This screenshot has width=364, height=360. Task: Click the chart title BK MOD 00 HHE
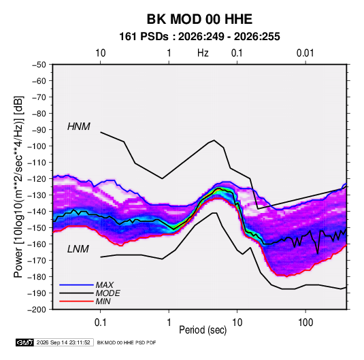199,19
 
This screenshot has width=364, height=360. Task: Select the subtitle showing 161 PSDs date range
199,37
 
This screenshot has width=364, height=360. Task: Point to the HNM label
79,127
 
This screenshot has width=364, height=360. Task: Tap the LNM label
78,249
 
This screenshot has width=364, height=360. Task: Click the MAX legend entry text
105,284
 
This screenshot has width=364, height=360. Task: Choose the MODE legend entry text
107,293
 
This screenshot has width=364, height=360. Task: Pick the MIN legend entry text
103,301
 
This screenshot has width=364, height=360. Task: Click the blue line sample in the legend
76,284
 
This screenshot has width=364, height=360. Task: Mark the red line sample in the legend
76,301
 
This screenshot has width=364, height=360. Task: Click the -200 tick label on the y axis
37,310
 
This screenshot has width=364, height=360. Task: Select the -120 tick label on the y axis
37,179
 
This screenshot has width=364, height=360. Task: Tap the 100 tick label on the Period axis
305,323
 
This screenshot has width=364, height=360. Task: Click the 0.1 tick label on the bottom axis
100,323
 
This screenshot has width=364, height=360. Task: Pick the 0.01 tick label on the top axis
305,53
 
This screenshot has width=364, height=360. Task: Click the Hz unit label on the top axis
203,53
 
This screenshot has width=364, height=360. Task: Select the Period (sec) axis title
203,330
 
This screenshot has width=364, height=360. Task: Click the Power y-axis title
18,187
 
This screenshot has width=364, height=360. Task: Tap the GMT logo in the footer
25,342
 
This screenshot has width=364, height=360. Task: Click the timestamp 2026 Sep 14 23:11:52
63,342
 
